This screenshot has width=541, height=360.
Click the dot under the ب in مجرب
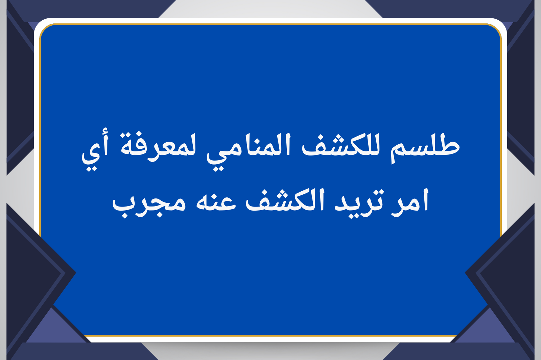[125, 215]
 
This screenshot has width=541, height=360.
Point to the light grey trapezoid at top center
[270, 9]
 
